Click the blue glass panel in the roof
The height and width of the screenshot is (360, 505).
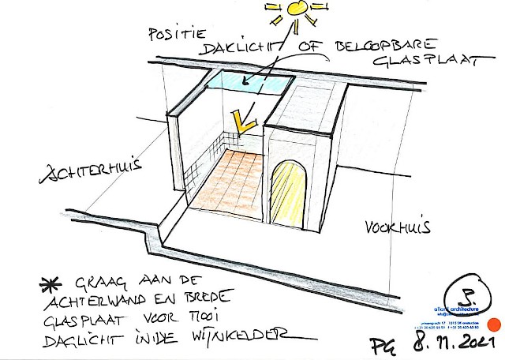coord(249,81)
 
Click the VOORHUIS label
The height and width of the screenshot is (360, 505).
coord(397,229)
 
